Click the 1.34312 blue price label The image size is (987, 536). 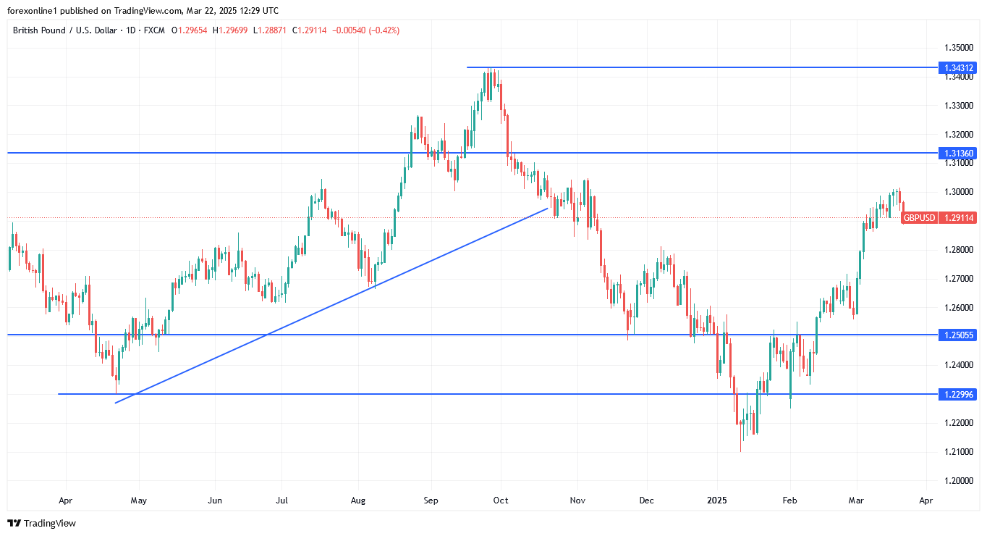tap(957, 67)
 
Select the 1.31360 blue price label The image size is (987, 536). tap(957, 153)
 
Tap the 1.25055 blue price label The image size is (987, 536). tap(957, 335)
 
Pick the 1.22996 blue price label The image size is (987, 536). tap(957, 394)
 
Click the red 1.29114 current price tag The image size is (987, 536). tap(957, 217)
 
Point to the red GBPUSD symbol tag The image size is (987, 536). tap(919, 217)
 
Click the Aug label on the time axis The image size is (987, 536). tap(357, 500)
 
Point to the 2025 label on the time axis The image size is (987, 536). tap(717, 500)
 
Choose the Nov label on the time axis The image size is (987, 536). tap(577, 500)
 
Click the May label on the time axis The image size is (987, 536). tap(138, 500)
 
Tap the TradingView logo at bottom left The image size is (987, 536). tap(41, 523)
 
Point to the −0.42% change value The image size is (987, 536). tap(385, 30)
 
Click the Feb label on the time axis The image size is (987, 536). tap(789, 500)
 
